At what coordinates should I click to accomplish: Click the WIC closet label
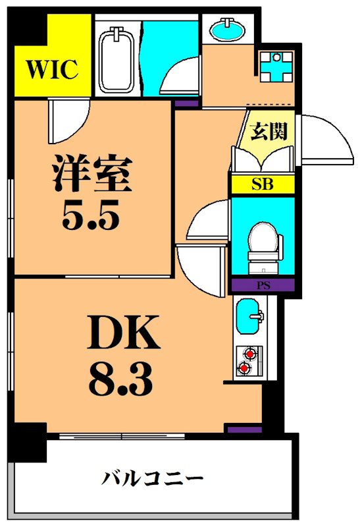point(53,67)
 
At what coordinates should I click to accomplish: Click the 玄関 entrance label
point(270,131)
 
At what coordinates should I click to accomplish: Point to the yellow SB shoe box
point(263,184)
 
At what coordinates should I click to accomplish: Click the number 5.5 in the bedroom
point(92,214)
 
